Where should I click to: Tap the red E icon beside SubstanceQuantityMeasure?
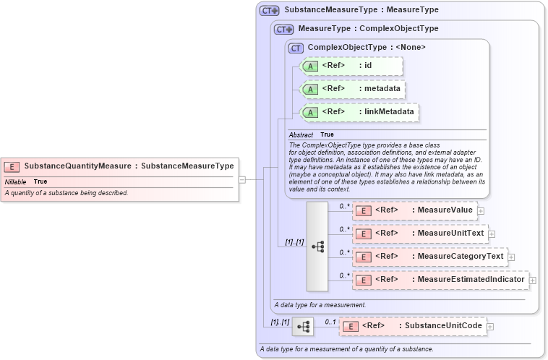coord(12,166)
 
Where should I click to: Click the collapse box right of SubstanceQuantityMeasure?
coord(242,180)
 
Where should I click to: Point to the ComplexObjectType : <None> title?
coord(366,47)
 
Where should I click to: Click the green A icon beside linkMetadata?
coord(310,112)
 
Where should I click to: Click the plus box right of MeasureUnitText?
coord(492,233)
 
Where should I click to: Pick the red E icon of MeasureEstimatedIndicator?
coord(364,280)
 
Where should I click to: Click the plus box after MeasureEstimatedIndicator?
coord(533,280)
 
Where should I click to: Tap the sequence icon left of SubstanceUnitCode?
coord(304,327)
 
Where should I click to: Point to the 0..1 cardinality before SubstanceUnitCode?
coord(330,322)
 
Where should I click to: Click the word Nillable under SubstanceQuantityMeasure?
coord(16,181)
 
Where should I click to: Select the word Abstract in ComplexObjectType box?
coord(301,135)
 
